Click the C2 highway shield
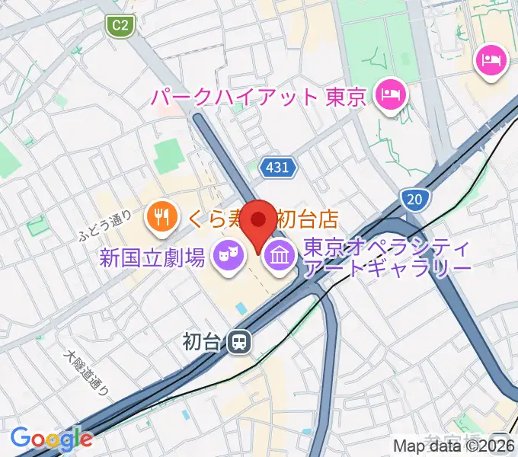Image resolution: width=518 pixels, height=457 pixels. [120, 27]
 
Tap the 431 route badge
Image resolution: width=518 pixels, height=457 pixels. [277, 168]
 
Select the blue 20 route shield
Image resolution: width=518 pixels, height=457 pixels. [414, 200]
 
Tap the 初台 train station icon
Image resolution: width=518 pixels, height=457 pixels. [239, 342]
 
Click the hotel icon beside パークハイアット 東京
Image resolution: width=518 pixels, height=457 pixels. [392, 97]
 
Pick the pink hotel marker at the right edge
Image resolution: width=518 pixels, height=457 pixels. [491, 60]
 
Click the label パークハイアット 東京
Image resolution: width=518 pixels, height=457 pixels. [260, 97]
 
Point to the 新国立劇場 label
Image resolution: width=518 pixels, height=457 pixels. [152, 258]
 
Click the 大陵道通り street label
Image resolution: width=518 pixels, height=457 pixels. [87, 373]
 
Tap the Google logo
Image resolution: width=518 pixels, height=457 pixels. [51, 438]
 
